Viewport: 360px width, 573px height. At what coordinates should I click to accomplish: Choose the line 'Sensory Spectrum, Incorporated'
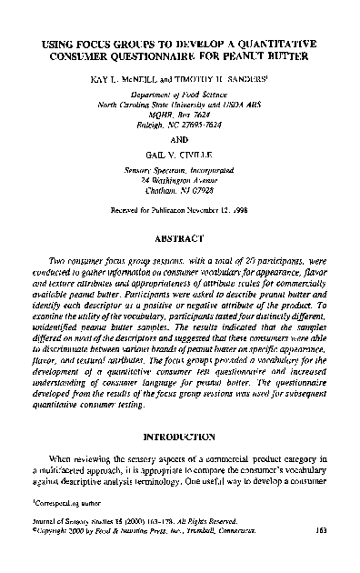(x=180, y=169)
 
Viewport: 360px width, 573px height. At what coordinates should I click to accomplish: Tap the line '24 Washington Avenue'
(x=180, y=180)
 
